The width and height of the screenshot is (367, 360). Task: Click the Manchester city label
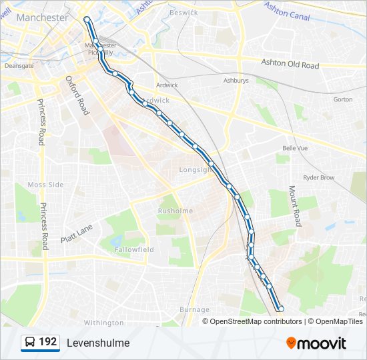coord(42,18)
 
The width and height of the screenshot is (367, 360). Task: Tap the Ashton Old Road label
coord(290,64)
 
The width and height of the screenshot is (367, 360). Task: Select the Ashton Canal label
coord(287,11)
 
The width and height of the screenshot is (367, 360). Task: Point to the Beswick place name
coord(183,13)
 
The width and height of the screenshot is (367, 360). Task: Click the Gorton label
coord(342,99)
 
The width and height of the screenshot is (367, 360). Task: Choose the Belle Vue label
coord(295,148)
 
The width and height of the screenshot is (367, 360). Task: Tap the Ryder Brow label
coord(319,178)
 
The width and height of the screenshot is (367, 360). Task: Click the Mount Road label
coord(294,205)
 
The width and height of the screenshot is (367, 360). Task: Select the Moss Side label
coord(45,185)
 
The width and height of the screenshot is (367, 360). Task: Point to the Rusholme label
coord(175,211)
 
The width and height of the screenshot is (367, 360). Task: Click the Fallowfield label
coord(134,249)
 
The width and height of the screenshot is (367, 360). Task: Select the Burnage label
coord(194,309)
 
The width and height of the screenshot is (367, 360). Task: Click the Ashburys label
coord(236,80)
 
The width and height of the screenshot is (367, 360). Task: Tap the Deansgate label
coord(19,66)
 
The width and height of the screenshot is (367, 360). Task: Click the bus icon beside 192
coord(30,343)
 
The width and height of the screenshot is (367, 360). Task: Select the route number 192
coord(47,342)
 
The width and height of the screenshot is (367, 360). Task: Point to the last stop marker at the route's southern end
coord(281,308)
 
